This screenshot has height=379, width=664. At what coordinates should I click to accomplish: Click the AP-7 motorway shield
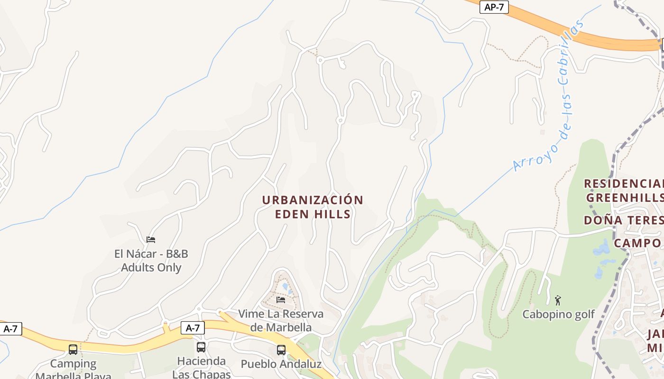[x=493, y=7]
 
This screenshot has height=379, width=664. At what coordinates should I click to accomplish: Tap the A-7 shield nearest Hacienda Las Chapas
[x=193, y=327]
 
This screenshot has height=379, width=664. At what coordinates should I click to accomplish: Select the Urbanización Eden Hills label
[x=313, y=207]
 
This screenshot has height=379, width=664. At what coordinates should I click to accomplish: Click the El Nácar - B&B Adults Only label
[x=151, y=261]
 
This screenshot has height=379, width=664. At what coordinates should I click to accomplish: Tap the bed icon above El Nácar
[x=151, y=240]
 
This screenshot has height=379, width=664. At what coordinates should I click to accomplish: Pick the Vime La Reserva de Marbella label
[x=281, y=320]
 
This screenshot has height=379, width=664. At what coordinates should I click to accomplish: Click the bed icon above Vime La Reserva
[x=281, y=300]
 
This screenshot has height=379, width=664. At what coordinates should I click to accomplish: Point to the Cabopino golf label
[x=559, y=314]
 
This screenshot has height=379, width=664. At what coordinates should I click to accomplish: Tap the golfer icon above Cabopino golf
[x=558, y=300]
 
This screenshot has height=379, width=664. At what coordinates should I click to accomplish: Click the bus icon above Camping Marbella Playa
[x=73, y=350]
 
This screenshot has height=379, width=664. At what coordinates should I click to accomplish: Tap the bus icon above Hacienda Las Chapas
[x=201, y=347]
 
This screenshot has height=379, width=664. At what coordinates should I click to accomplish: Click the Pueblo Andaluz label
[x=281, y=364]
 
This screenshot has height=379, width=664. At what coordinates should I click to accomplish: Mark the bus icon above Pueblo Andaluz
[x=281, y=350]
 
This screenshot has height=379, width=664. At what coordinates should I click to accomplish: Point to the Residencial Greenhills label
[x=623, y=190]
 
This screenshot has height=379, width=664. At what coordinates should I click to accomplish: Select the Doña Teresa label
[x=623, y=220]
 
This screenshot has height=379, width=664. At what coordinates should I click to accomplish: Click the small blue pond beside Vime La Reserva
[x=286, y=287]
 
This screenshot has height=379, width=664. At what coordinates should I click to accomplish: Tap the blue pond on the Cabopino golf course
[x=601, y=249]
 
